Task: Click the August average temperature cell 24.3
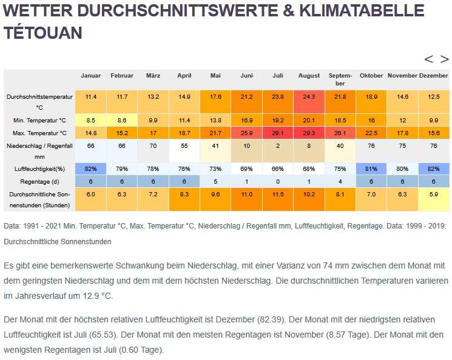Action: point(309,97)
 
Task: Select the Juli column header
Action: point(278,76)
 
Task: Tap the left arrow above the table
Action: point(429,59)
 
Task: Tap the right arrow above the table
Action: point(445,59)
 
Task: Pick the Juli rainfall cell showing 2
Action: point(278,146)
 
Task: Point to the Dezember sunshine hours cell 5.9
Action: point(434,194)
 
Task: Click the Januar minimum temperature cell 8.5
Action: point(91,121)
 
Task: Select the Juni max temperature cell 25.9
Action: point(247,133)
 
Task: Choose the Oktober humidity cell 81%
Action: point(371,168)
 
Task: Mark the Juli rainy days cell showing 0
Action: point(278,181)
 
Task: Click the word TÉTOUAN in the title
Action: point(42,33)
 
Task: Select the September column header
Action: point(340,79)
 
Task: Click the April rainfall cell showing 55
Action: point(184,146)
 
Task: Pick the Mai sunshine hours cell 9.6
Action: point(215,194)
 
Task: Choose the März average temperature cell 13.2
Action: point(153,97)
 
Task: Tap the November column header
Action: point(402,76)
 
